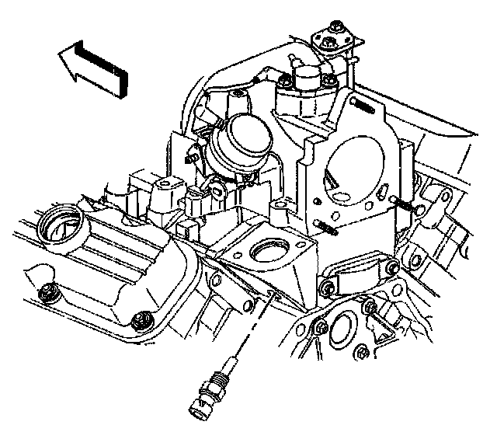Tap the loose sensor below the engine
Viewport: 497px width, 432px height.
tap(214, 383)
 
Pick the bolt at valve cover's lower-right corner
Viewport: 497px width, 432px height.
tap(141, 319)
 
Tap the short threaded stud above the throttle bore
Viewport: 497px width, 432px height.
tap(363, 104)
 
